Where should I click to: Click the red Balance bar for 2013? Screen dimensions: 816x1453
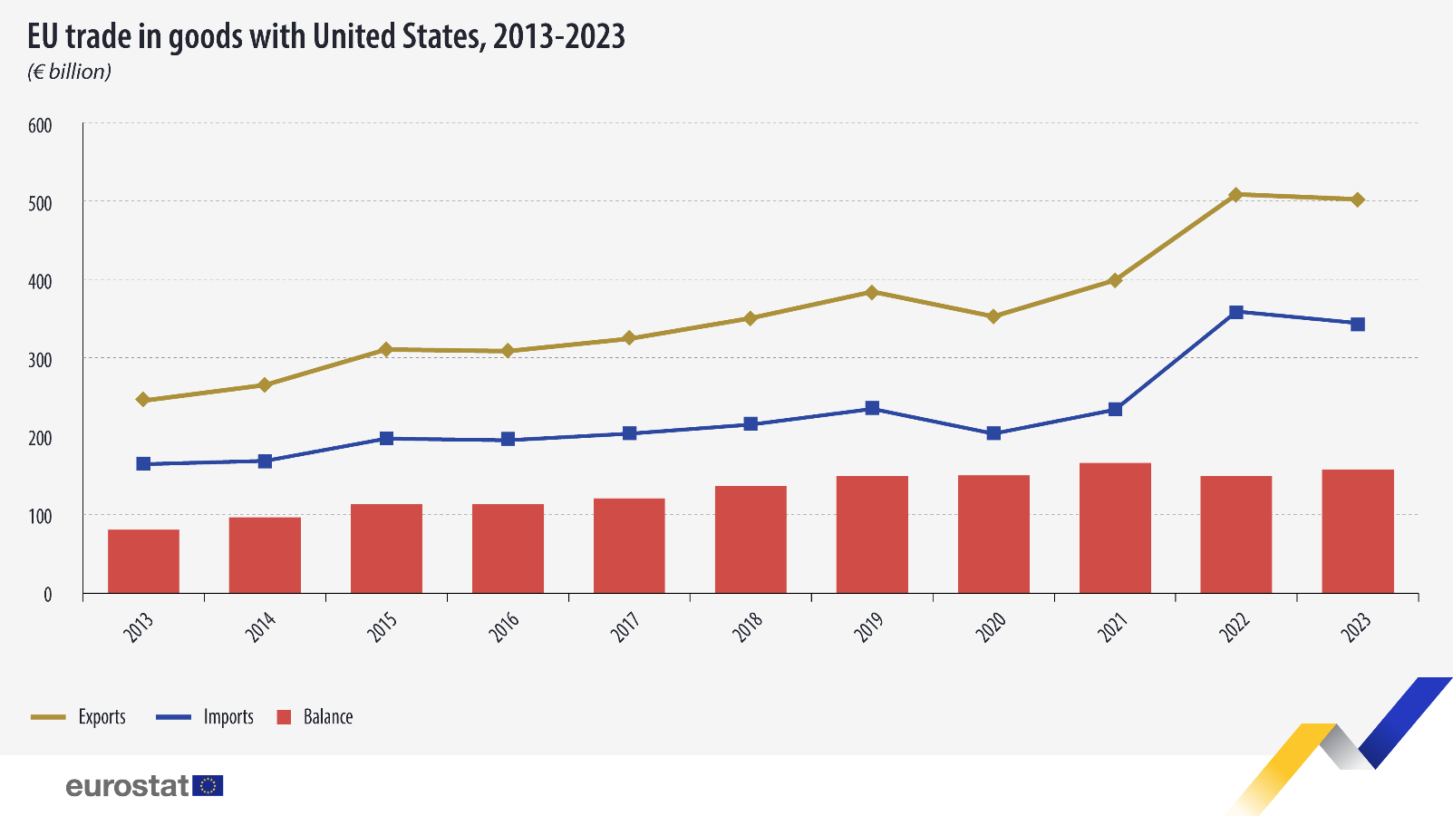[x=143, y=561]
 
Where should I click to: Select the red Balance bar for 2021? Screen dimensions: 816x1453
[x=1115, y=528]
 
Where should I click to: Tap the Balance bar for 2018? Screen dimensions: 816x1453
[x=751, y=539]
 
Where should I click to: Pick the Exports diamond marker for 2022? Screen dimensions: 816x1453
[x=1235, y=195]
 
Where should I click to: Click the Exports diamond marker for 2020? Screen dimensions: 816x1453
[x=993, y=316]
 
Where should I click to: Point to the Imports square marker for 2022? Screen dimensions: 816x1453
[x=1235, y=312]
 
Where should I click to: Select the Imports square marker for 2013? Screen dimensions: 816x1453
[x=143, y=463]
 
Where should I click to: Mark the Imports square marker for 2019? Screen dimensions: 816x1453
[x=872, y=408]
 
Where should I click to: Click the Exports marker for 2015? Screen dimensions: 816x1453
[x=386, y=349]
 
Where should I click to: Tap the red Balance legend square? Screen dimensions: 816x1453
[x=284, y=717]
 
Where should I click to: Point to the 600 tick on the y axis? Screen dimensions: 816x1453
[x=40, y=126]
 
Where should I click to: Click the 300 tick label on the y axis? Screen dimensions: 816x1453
[x=40, y=360]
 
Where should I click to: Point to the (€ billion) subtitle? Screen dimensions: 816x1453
[x=69, y=72]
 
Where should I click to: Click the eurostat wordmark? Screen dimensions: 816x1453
[x=127, y=785]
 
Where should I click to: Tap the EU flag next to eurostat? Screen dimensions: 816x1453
[x=208, y=785]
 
